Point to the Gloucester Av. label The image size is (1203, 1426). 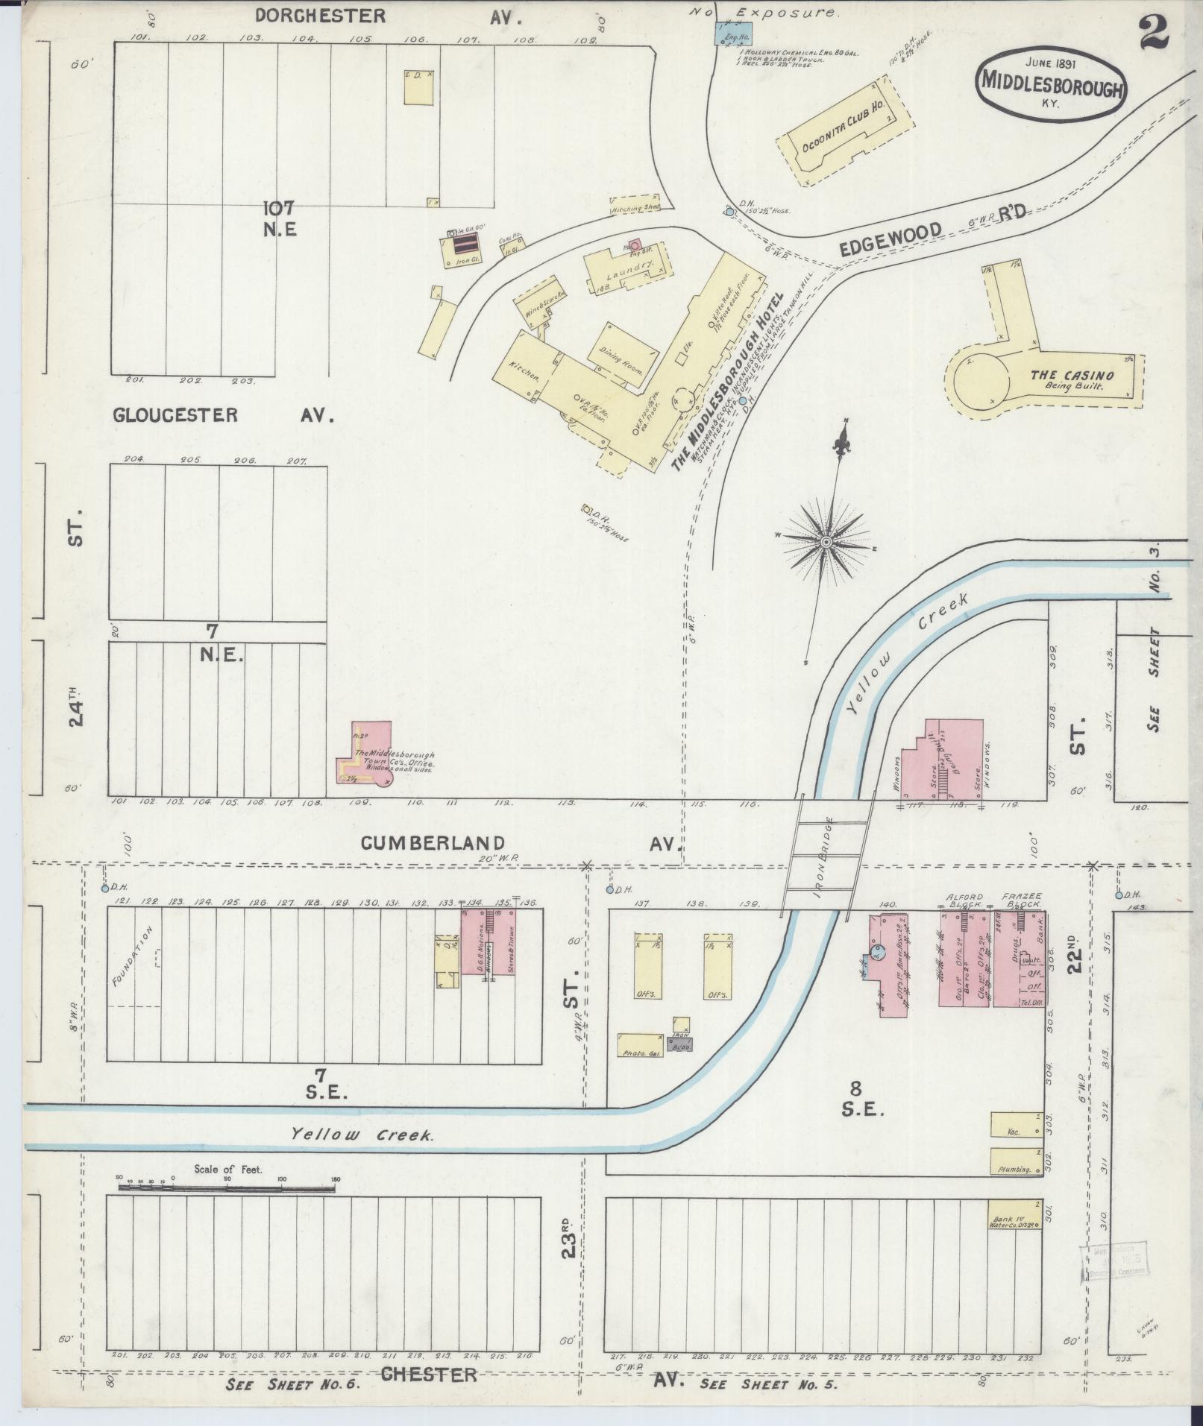click(x=223, y=415)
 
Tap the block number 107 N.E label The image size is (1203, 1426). click(x=280, y=218)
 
